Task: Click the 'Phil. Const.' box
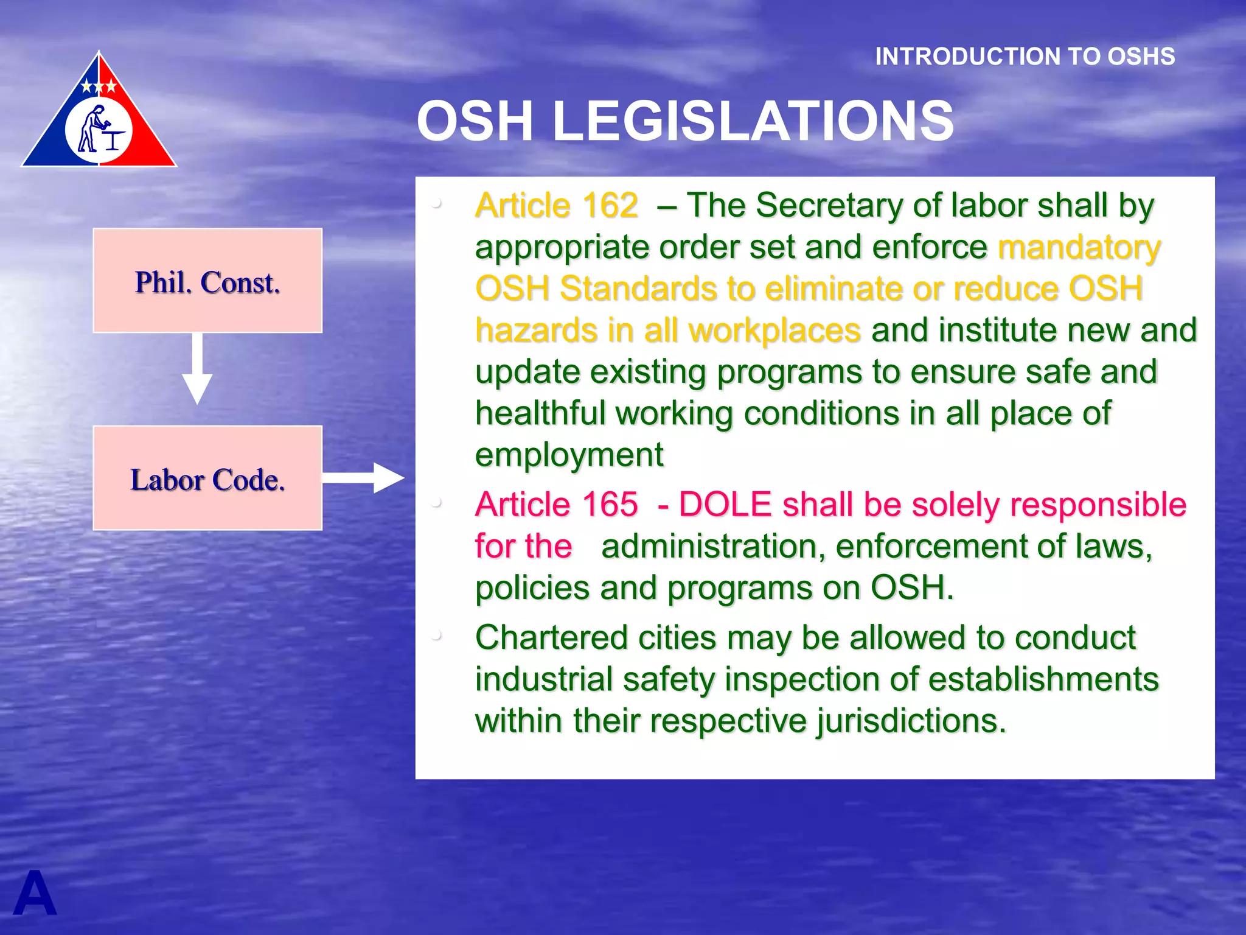click(207, 281)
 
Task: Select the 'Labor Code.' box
click(207, 478)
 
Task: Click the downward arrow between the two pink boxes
click(197, 368)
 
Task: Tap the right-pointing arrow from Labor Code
click(363, 478)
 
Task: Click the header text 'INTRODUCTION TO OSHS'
click(1025, 57)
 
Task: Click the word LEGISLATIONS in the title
click(753, 121)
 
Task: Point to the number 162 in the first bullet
click(610, 205)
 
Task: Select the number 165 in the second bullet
click(610, 505)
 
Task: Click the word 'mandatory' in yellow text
click(1079, 247)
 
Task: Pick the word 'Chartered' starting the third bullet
click(551, 637)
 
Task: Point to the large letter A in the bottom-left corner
click(35, 894)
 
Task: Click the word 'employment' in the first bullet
click(569, 455)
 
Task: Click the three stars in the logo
click(99, 86)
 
